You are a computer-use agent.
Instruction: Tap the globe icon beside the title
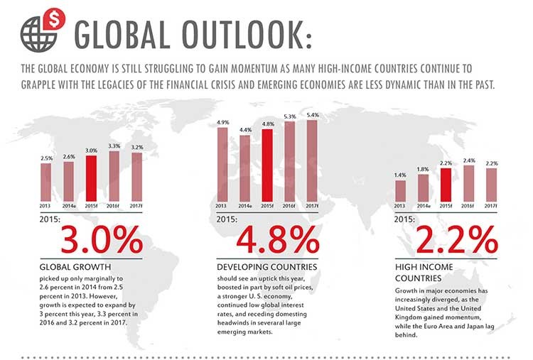(x=38, y=34)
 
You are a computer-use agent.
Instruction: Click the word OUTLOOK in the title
(x=247, y=35)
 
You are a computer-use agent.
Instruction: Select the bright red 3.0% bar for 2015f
(x=91, y=178)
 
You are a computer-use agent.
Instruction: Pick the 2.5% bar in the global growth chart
(x=46, y=182)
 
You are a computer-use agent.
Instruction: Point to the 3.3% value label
(x=114, y=146)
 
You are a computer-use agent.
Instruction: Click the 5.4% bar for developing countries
(x=312, y=161)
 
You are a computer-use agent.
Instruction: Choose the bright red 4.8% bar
(x=267, y=165)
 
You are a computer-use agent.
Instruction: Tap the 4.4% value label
(x=245, y=130)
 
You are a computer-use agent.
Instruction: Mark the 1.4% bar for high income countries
(x=400, y=191)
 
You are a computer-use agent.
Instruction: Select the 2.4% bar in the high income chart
(x=469, y=184)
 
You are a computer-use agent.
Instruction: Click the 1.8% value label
(x=423, y=169)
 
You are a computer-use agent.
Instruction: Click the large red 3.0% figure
(x=102, y=240)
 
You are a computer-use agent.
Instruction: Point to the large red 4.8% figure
(x=278, y=240)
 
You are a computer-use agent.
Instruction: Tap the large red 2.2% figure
(x=456, y=240)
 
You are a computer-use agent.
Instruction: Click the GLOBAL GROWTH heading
(x=75, y=267)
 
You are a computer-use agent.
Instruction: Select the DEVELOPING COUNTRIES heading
(x=266, y=267)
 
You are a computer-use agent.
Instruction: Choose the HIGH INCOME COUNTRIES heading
(x=424, y=273)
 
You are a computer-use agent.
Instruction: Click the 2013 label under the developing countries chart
(x=221, y=206)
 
